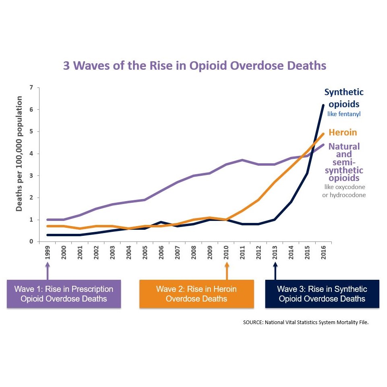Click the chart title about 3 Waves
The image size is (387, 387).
coord(194,65)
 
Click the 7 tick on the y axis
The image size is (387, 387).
coord(31,87)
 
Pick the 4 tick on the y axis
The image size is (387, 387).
coord(31,154)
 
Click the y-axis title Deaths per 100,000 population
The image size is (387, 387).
coord(19,154)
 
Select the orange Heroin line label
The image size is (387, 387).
coord(343,132)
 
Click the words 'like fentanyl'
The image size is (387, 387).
coord(344,114)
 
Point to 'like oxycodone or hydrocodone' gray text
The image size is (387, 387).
coord(345,191)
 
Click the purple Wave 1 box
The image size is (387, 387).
coord(64,294)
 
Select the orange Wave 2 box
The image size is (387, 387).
coord(196,294)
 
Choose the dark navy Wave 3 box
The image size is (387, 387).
coord(322,294)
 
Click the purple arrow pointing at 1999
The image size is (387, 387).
coord(48,271)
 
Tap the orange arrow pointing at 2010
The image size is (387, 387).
coord(227,271)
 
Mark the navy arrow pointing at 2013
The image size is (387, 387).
coord(275,271)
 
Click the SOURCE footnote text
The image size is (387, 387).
coord(306,322)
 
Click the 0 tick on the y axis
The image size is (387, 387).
coord(31,241)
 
